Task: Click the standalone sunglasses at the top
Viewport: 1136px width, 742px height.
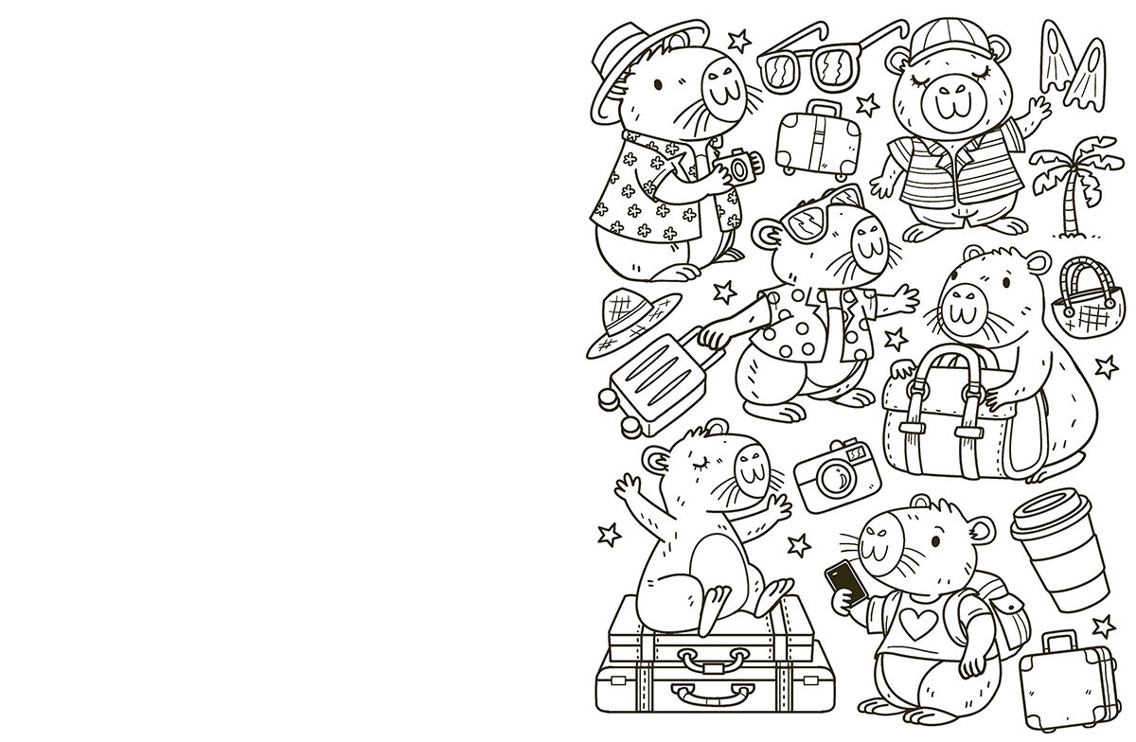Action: (x=812, y=62)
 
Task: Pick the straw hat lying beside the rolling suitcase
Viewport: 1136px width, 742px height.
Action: (x=630, y=322)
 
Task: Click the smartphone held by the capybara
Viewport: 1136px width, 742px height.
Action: (x=845, y=582)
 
